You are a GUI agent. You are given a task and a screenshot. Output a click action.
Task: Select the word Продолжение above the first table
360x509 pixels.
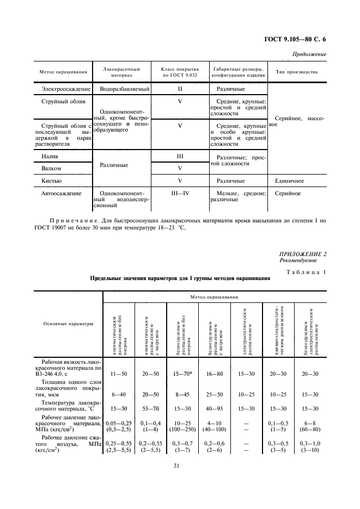(x=309, y=54)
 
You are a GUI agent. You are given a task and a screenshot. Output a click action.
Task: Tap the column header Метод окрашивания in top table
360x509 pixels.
(x=63, y=72)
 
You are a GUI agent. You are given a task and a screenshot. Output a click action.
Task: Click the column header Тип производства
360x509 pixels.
(x=297, y=72)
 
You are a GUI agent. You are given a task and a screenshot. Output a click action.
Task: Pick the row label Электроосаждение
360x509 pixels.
(x=63, y=88)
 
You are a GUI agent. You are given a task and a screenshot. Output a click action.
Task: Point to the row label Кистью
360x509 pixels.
(x=52, y=180)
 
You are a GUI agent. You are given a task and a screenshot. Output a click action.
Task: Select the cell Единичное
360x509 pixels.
(x=289, y=180)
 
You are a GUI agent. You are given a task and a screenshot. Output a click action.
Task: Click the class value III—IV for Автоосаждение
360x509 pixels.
(x=180, y=193)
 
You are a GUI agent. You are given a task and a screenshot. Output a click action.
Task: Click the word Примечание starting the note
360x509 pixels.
(x=72, y=221)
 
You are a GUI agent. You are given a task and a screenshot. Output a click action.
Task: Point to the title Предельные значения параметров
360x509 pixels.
(x=180, y=278)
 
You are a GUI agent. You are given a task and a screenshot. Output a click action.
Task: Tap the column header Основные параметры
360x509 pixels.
(x=68, y=324)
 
